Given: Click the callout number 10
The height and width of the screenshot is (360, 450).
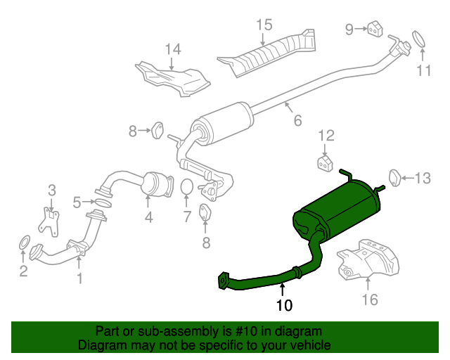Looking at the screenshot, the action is [x=284, y=305].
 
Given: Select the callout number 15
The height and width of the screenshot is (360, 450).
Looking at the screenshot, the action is [x=264, y=25].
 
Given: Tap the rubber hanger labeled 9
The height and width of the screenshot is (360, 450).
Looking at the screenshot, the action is [x=375, y=29].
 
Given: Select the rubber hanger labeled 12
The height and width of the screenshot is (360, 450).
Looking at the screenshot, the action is [x=325, y=164].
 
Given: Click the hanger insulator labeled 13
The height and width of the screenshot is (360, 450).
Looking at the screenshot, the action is [x=394, y=178].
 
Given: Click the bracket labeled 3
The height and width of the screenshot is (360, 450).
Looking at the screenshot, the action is [x=49, y=221].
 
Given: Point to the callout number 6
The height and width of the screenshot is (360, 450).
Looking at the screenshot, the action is [x=297, y=120].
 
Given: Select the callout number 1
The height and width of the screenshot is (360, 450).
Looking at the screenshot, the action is [x=80, y=278].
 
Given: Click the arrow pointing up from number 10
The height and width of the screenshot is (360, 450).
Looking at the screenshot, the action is [x=283, y=290].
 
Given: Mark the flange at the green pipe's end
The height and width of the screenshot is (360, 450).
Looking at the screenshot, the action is [x=223, y=281].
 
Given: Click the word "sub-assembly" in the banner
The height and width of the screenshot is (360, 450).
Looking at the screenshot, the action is [x=179, y=332].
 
